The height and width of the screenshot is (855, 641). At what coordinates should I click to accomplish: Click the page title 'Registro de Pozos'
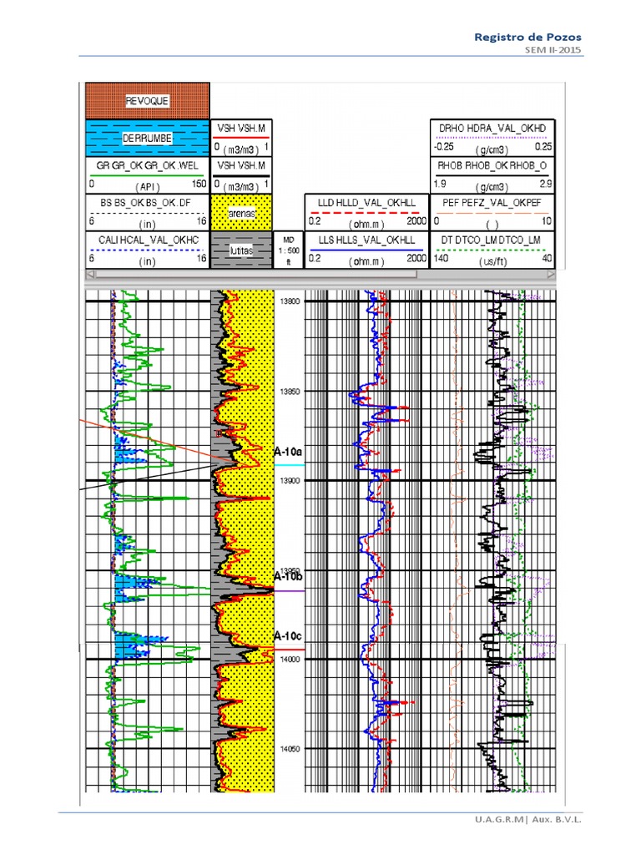(527, 37)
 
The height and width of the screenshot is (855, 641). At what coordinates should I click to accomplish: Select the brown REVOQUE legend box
(148, 101)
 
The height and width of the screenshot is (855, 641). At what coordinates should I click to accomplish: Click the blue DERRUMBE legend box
(148, 138)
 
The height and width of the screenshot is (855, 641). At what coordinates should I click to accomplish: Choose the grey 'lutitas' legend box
(242, 250)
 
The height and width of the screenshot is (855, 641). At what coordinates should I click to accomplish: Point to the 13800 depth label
(290, 301)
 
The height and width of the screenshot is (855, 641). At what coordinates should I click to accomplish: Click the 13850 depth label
(290, 391)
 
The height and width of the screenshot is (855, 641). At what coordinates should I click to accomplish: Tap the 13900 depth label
(290, 481)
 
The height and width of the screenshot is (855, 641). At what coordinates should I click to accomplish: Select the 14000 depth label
(290, 660)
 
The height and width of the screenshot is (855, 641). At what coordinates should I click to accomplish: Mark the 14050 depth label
(290, 749)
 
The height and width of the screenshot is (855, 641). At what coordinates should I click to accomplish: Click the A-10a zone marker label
(287, 451)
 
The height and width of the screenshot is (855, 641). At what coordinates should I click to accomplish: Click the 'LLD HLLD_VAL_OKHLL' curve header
(366, 202)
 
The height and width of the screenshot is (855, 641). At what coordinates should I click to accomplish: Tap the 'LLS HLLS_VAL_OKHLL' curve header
(366, 240)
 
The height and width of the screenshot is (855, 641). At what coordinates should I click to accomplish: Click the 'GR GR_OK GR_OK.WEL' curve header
(148, 164)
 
